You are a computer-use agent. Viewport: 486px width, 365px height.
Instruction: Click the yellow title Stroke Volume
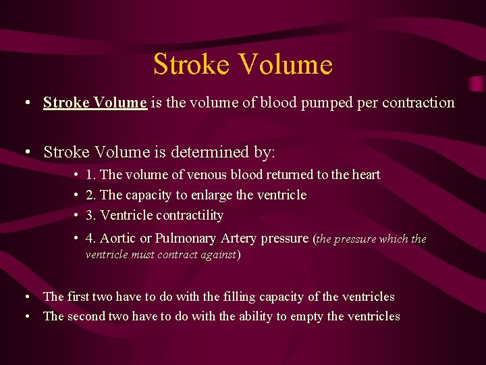(243, 64)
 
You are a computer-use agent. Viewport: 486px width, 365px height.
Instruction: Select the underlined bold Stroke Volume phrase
(94, 103)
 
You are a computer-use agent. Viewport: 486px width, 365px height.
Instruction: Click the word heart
(365, 175)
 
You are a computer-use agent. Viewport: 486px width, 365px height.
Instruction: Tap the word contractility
(190, 216)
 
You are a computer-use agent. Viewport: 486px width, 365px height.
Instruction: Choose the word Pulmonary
(185, 238)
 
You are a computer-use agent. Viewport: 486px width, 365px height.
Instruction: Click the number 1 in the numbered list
(90, 175)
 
